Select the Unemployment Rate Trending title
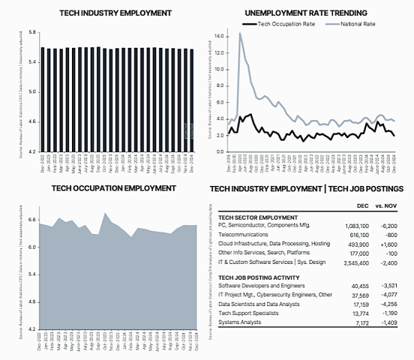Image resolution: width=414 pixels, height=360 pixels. click(x=305, y=13)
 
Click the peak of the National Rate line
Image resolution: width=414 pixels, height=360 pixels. click(x=240, y=33)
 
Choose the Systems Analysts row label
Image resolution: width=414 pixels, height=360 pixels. click(x=240, y=322)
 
